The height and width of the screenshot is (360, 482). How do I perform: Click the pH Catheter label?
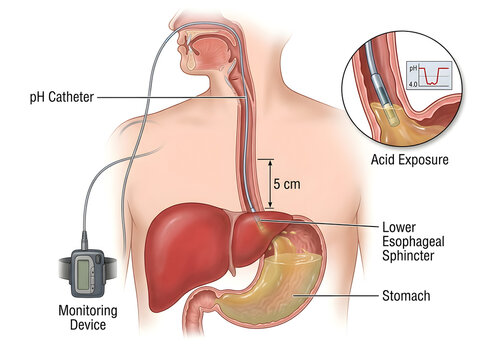pos(62,98)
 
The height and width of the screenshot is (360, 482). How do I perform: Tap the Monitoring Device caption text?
pos(88,317)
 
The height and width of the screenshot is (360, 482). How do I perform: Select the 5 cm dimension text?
pos(287,184)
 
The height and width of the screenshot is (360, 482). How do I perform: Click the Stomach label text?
pos(406,296)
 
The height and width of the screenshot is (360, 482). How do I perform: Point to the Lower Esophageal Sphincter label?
pos(413,241)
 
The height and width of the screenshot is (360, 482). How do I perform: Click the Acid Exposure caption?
pos(410,160)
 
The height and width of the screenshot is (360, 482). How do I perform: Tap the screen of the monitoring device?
pos(83,274)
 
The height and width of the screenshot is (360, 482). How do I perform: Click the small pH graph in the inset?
pos(429,76)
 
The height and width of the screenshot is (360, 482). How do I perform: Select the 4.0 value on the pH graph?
pos(413,85)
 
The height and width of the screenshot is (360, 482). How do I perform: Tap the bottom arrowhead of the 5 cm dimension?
pos(271,204)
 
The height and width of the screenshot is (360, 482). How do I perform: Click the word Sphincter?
pos(408,256)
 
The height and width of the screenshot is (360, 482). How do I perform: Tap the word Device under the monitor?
pos(88,325)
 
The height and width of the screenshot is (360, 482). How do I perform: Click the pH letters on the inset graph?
pos(413,68)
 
